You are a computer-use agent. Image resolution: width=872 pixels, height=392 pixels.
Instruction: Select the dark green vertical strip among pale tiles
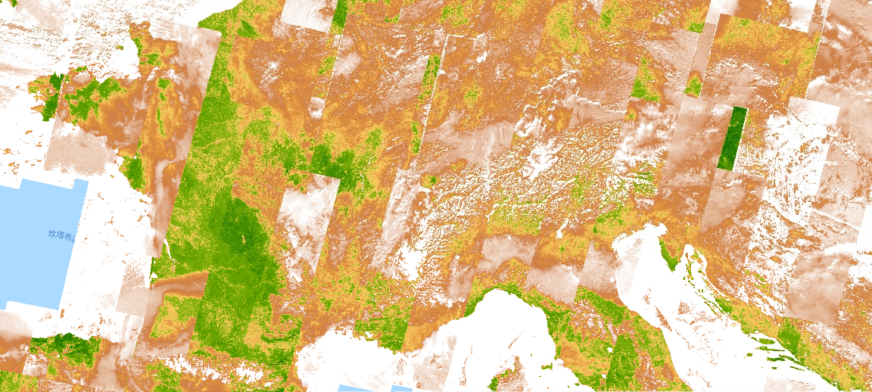[731, 138]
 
